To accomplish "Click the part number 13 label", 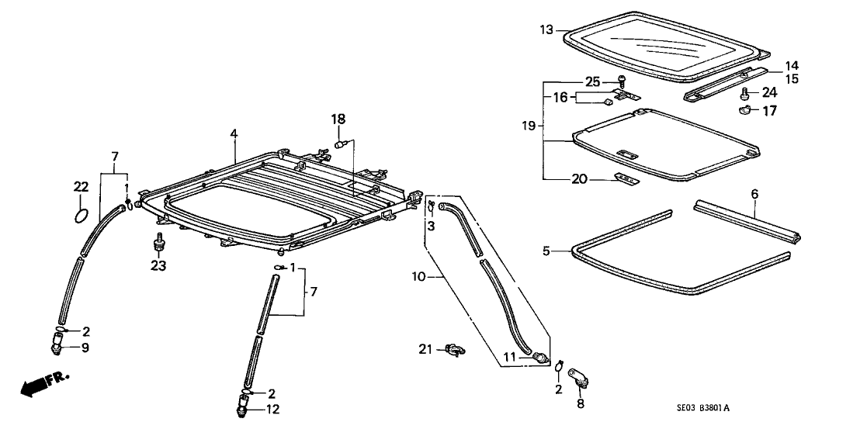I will click(x=546, y=30).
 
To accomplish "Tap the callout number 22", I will click(x=81, y=186).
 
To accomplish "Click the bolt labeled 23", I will click(x=160, y=241).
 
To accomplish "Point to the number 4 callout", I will click(x=233, y=134).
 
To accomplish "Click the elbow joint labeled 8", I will click(x=579, y=379).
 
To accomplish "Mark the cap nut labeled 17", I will click(x=744, y=110).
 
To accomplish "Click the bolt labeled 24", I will click(x=744, y=93).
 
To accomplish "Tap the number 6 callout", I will click(x=753, y=193).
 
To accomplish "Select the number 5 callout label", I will click(x=545, y=251).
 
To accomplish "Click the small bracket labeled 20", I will click(x=625, y=179).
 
